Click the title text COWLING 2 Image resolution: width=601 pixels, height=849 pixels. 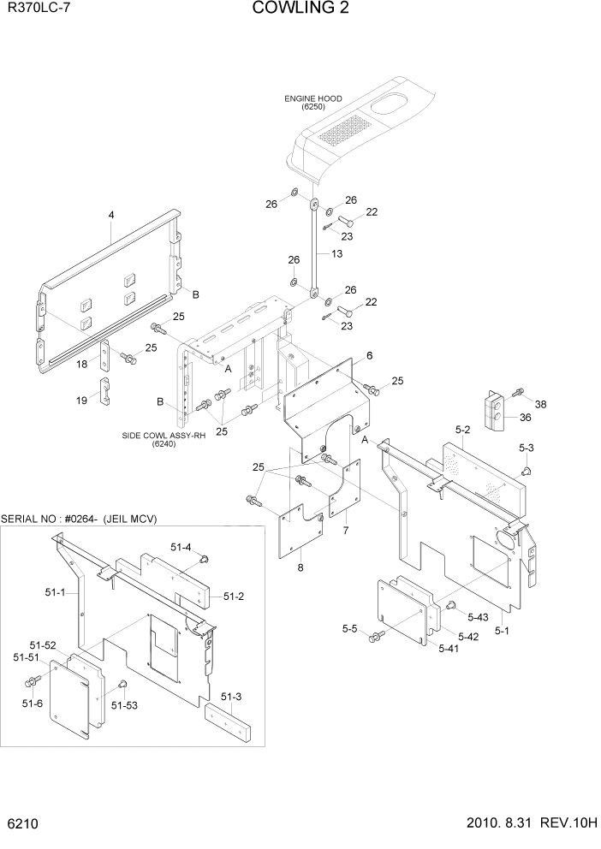coord(300,9)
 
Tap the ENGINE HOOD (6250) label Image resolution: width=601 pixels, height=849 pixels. coord(313,103)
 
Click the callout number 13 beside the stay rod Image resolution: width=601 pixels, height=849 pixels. coord(336,254)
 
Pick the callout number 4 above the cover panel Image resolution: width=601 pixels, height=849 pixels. coord(111,217)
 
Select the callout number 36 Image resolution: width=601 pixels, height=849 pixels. coord(526,417)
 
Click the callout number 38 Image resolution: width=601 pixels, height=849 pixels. coord(540,403)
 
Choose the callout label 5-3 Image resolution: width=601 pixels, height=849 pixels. coord(526,448)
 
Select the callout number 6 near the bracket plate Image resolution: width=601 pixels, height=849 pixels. coord(368,355)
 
